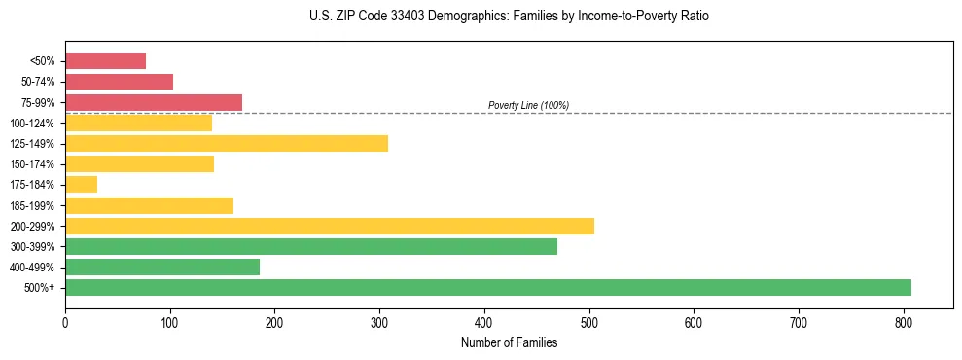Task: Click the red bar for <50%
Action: pyautogui.click(x=105, y=61)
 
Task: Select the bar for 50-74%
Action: pyautogui.click(x=119, y=82)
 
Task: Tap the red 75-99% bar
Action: pyautogui.click(x=154, y=102)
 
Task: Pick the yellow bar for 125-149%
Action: pyautogui.click(x=227, y=144)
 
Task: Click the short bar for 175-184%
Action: pyautogui.click(x=81, y=185)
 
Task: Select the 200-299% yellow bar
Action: pyautogui.click(x=330, y=226)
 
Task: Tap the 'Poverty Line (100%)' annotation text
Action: pyautogui.click(x=528, y=105)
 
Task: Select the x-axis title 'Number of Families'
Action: pyautogui.click(x=509, y=342)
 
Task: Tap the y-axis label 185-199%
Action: pyautogui.click(x=32, y=206)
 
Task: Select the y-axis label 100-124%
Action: pyautogui.click(x=32, y=124)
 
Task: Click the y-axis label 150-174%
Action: pyautogui.click(x=32, y=164)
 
